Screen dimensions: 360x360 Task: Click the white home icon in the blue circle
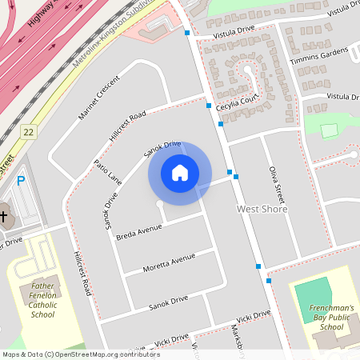click(x=180, y=173)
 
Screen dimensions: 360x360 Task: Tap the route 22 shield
click(x=30, y=131)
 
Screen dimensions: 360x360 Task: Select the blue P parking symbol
click(x=21, y=182)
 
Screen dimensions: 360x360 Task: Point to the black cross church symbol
click(x=3, y=217)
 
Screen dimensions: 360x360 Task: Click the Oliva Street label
click(x=277, y=184)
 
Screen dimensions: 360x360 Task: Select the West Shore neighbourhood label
click(x=262, y=209)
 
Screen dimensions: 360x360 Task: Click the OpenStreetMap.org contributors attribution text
click(x=115, y=354)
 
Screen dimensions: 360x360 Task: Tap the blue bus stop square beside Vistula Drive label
click(x=186, y=33)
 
